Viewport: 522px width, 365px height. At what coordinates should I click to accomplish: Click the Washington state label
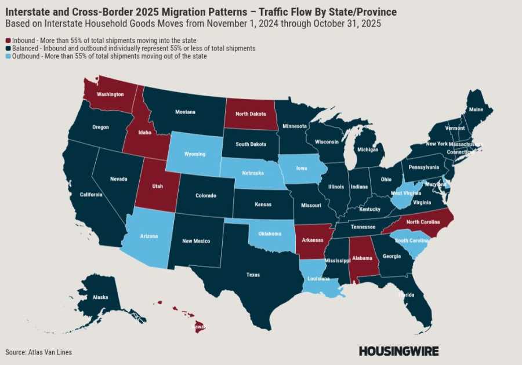point(110,94)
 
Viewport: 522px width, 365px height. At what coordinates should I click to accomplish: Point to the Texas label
point(253,275)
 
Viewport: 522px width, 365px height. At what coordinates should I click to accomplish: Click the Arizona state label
point(148,236)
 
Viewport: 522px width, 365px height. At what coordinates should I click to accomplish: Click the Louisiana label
point(318,278)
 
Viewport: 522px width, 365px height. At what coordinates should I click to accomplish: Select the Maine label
point(476,110)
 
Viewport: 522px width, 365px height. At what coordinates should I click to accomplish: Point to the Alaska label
point(100,297)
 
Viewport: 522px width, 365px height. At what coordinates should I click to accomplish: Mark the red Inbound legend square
point(8,41)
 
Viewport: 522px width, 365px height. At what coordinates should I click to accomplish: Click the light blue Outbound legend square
point(8,56)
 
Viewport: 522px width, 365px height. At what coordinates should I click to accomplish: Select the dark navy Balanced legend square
point(8,49)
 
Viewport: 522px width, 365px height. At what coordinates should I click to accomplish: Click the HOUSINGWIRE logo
point(398,351)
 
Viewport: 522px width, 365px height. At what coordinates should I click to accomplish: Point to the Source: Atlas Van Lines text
point(39,352)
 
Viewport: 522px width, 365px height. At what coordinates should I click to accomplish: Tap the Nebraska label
point(253,173)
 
